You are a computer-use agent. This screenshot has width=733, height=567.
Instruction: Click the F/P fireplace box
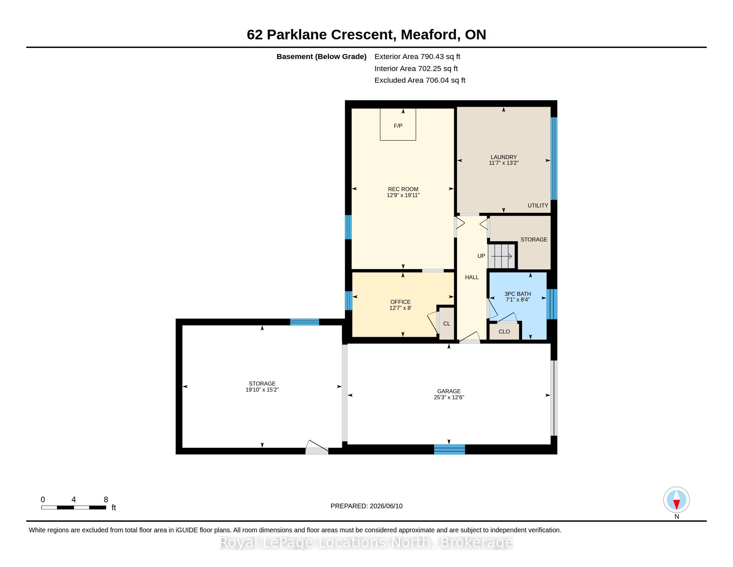398,124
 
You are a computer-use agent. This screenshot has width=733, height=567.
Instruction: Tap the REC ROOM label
403,189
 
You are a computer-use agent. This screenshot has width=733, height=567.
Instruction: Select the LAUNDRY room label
503,157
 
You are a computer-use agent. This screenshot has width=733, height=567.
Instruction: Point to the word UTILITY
538,205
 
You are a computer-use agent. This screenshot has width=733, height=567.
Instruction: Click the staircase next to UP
501,256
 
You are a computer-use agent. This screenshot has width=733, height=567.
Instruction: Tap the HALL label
471,277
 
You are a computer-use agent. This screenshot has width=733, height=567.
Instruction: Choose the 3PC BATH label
517,294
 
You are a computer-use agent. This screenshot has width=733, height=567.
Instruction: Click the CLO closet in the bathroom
504,332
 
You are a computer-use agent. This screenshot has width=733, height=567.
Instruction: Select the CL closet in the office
446,324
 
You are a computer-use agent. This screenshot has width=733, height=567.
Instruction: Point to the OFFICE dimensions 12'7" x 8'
400,308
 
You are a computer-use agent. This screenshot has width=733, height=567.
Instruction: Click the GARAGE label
449,391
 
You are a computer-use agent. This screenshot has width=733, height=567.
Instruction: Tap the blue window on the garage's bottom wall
449,449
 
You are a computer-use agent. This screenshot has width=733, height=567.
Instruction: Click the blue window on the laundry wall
554,158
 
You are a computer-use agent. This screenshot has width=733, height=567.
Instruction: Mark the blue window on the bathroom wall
552,304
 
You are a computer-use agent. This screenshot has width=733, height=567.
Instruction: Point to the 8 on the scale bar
106,500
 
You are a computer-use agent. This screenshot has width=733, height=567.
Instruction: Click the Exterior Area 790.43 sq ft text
417,56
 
